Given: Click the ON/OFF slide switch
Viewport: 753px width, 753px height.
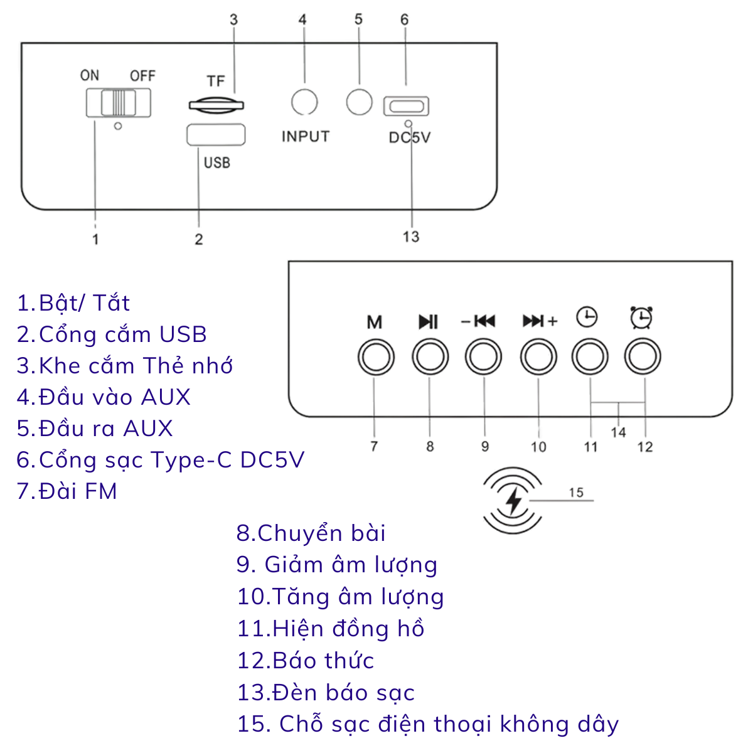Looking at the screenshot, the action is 119,103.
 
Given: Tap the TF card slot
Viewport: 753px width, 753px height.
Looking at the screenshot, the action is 216,105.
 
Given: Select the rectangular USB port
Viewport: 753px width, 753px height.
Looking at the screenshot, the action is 216,135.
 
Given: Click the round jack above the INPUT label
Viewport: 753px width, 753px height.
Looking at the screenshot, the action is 304,102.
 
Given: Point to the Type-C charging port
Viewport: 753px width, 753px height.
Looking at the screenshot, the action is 406,106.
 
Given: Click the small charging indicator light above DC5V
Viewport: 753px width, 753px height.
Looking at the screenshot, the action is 409,124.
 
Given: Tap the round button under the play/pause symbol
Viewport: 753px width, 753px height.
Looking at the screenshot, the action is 430,357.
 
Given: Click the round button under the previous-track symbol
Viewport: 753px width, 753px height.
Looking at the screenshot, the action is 483,357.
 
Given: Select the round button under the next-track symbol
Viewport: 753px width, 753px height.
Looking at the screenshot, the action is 538,357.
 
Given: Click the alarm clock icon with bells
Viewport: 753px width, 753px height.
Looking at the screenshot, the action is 641,318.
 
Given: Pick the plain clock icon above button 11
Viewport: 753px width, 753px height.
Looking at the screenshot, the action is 587,317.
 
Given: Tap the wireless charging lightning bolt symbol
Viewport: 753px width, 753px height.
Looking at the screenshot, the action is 513,501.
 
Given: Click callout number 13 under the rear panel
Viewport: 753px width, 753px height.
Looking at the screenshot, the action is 411,237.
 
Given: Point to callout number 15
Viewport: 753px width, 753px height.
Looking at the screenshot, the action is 577,493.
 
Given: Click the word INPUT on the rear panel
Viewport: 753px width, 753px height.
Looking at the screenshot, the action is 306,136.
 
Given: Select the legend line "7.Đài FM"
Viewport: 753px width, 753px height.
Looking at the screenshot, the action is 67,491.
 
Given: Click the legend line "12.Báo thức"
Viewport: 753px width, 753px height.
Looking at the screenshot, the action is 306,660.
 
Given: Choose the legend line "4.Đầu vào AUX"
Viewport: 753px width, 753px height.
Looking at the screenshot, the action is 104,397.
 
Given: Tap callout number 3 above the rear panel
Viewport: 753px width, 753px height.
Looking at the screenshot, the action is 233,19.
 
